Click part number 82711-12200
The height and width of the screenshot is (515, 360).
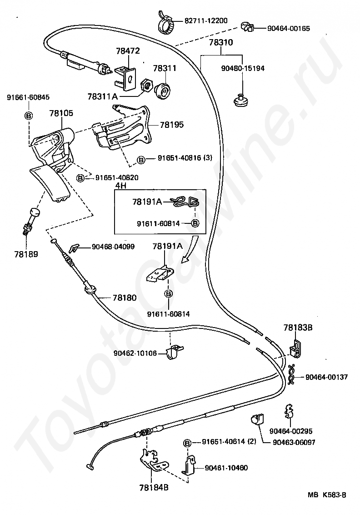tap(206, 20)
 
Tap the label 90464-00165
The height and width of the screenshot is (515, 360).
tap(289, 28)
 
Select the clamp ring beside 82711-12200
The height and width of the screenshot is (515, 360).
tap(166, 22)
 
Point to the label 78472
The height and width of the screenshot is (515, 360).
tap(128, 51)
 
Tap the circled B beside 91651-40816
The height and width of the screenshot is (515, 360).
tap(141, 160)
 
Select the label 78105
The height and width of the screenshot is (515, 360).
tap(61, 113)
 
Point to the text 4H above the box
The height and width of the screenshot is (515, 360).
tap(120, 185)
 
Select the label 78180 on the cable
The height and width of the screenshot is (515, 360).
tap(125, 298)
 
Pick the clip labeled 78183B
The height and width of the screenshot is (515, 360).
tap(295, 348)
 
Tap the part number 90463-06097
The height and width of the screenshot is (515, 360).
tap(294, 442)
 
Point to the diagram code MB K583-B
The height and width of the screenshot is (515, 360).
tap(327, 495)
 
